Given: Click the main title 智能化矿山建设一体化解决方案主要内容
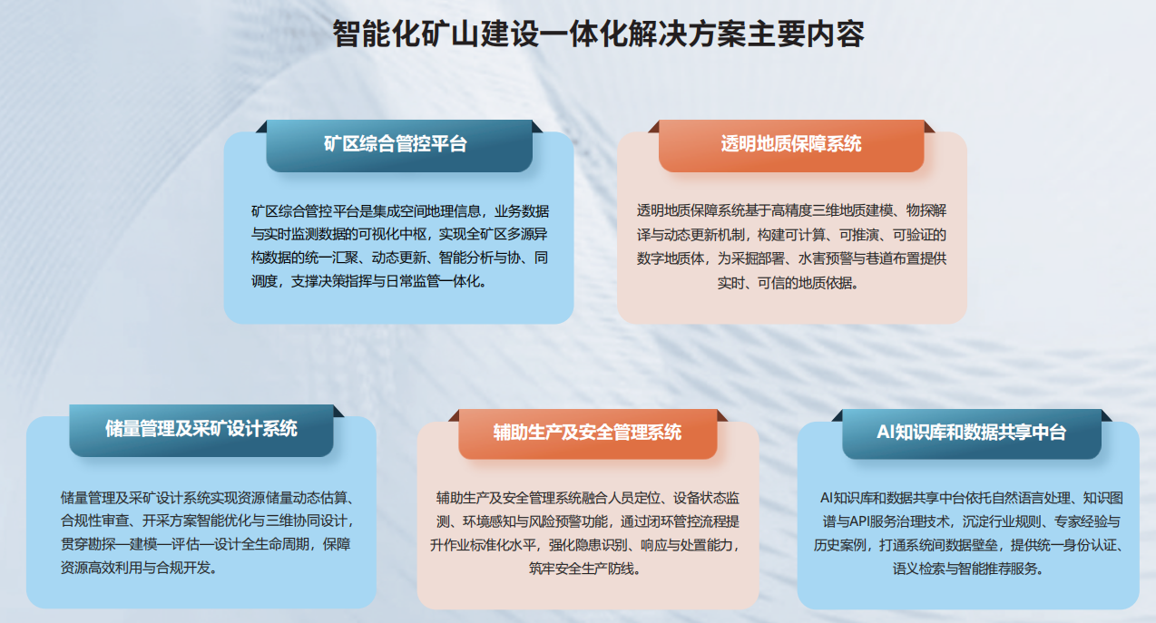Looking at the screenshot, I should (x=598, y=34).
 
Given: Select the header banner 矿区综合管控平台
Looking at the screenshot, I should (x=398, y=143).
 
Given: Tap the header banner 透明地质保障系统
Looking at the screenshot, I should (x=791, y=143).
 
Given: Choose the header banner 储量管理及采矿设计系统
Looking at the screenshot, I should (x=201, y=428).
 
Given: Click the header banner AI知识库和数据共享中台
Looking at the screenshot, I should (x=971, y=433).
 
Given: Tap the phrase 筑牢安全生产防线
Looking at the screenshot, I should (x=586, y=569).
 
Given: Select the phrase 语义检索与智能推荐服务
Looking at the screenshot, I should (x=968, y=569).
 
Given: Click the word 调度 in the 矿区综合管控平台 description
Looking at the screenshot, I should (x=265, y=281).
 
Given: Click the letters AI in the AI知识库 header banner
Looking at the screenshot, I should (x=887, y=433).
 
